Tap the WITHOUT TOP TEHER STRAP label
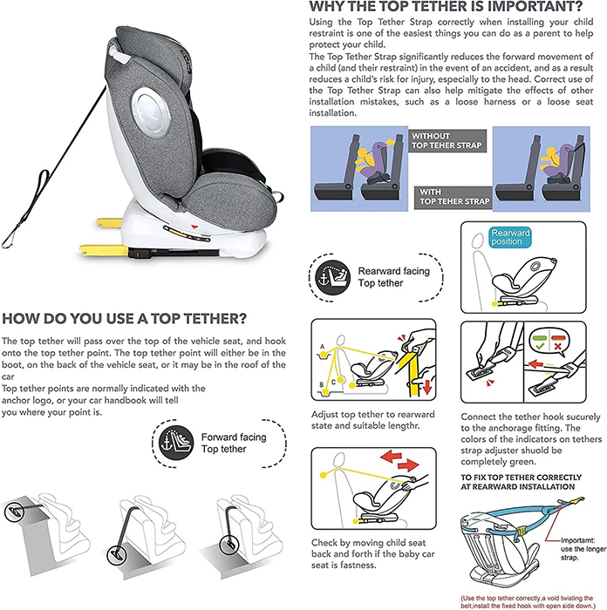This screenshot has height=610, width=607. click(x=442, y=142)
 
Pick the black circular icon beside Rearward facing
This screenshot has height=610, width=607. click(x=333, y=276)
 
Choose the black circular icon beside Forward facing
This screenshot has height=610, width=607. click(x=171, y=442)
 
